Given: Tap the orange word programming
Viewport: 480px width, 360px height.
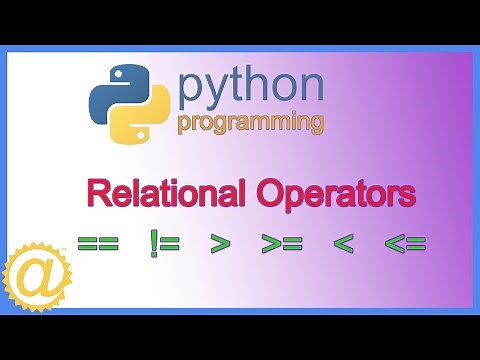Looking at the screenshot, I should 251,123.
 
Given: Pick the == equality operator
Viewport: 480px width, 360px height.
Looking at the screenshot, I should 98,243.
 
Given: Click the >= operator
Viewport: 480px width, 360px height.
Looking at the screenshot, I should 281,243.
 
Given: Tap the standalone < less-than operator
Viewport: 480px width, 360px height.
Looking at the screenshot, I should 343,243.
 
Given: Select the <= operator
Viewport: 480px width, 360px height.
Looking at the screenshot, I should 405,243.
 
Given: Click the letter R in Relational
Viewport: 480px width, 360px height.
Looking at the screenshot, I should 95,192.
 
